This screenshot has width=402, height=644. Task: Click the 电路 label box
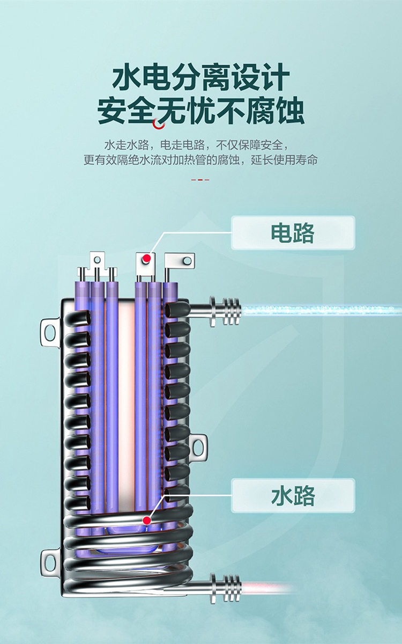[x=293, y=233]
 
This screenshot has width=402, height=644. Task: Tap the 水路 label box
[x=293, y=495]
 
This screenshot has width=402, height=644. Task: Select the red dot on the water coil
[x=146, y=519]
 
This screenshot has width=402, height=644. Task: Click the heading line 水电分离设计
[x=201, y=78]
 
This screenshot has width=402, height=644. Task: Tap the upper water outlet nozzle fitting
[x=225, y=310]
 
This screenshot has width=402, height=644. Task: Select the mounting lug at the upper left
[x=49, y=331]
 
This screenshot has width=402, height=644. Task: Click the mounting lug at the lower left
[x=49, y=561]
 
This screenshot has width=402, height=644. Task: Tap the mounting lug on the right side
[x=198, y=446]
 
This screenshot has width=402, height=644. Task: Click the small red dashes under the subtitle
[x=200, y=180]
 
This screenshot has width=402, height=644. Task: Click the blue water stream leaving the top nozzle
[x=322, y=310]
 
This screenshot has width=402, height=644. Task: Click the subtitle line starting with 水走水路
[x=200, y=145]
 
